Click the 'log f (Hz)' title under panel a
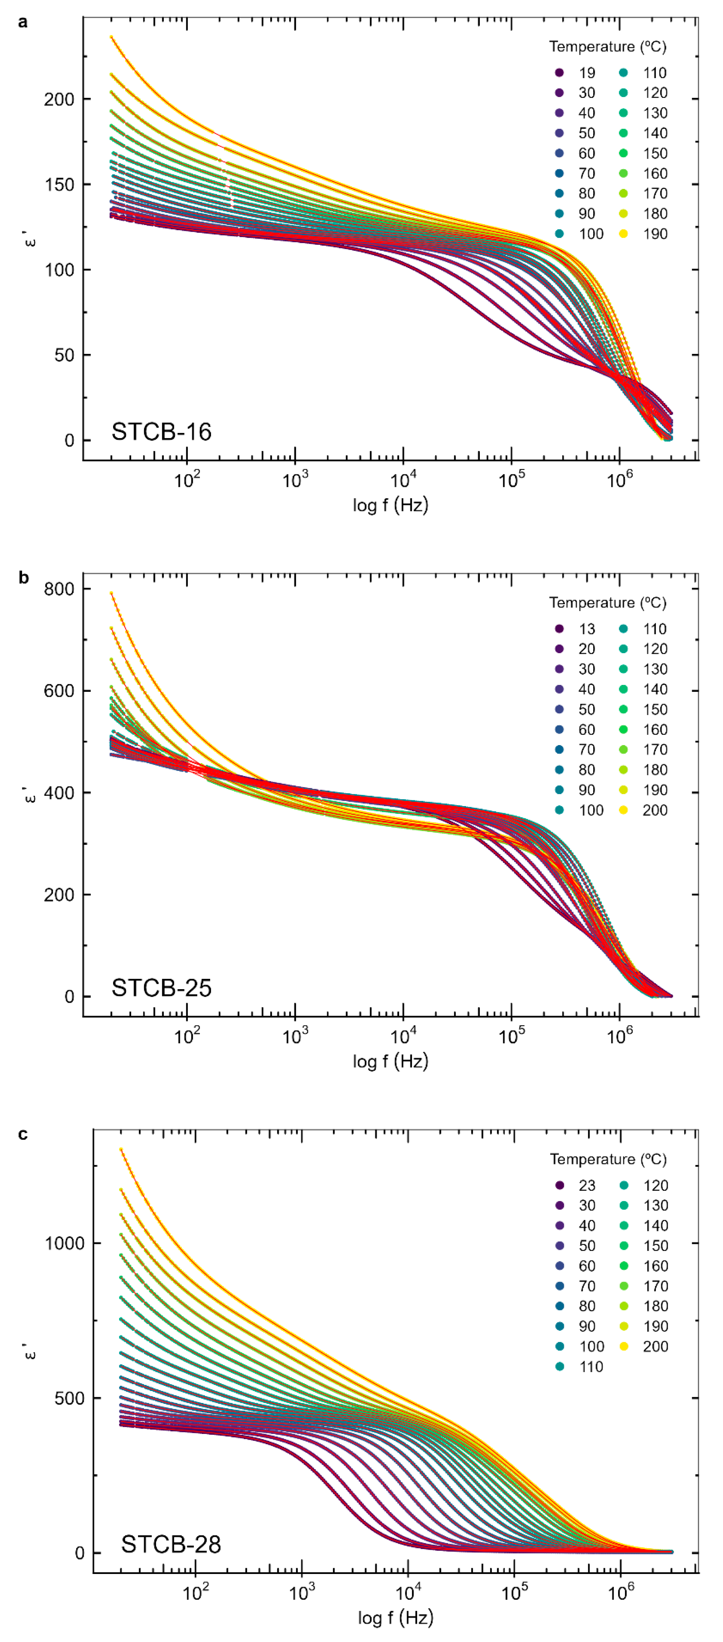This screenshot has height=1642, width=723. pos(390,505)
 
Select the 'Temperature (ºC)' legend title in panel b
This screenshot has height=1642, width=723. pos(608,603)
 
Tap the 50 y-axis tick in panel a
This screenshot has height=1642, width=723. pos(64,355)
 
